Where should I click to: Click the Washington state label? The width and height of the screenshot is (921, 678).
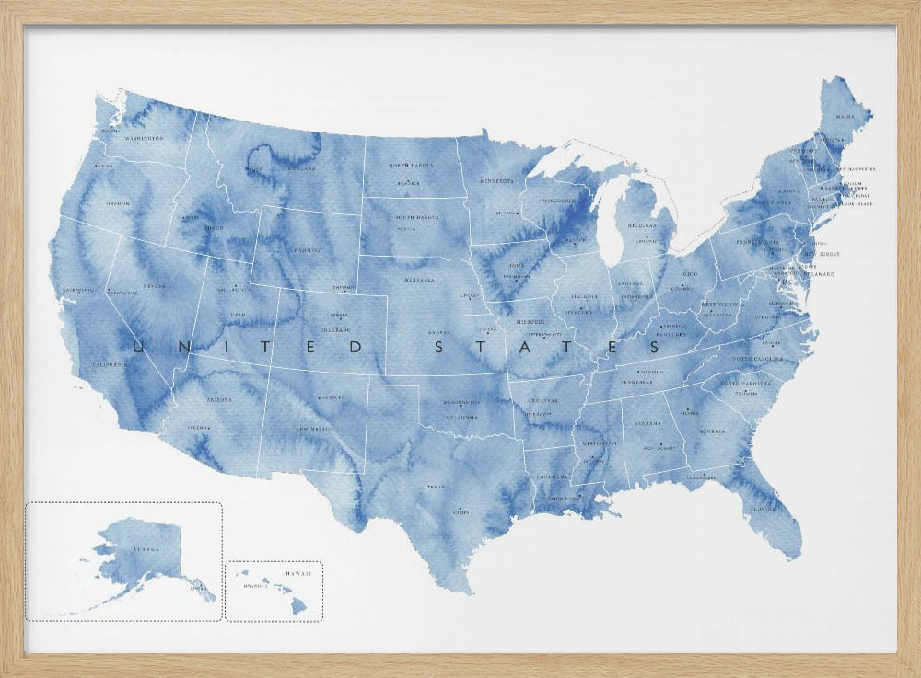pos(144,139)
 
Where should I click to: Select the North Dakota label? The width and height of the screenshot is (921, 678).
pos(411,166)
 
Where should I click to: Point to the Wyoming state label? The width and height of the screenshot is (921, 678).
pos(306,249)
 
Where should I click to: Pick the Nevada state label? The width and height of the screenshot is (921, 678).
pos(155,286)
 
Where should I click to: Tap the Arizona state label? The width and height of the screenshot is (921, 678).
pos(218,400)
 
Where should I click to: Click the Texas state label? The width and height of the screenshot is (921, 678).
pos(435,487)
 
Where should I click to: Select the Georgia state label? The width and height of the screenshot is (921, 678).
pos(710,431)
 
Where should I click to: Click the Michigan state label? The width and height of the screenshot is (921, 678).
pos(642,225)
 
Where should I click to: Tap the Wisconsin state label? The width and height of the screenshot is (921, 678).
pos(559,201)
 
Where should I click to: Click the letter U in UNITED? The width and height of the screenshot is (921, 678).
pos(140,347)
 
